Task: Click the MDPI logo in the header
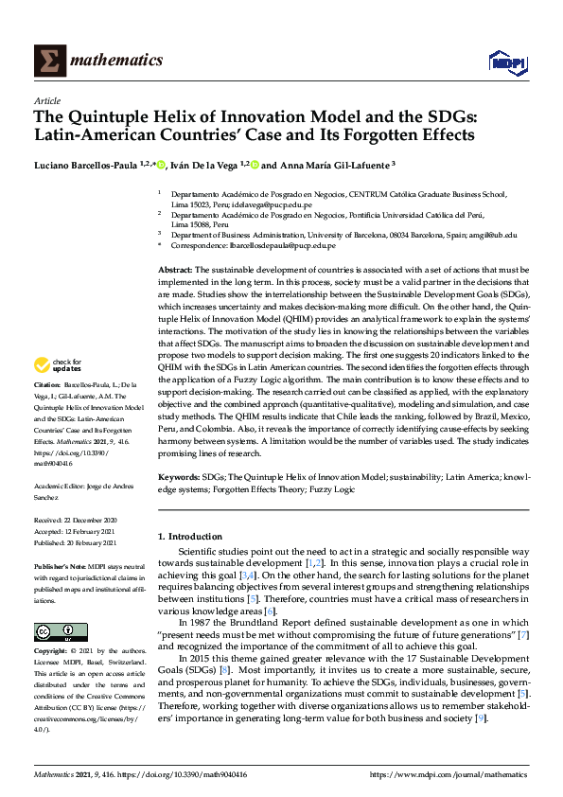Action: coord(506,62)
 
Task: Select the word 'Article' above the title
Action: coord(46,100)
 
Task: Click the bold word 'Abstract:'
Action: coord(175,271)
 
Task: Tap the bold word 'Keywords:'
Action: coord(179,477)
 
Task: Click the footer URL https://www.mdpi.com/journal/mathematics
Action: coord(449,773)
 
